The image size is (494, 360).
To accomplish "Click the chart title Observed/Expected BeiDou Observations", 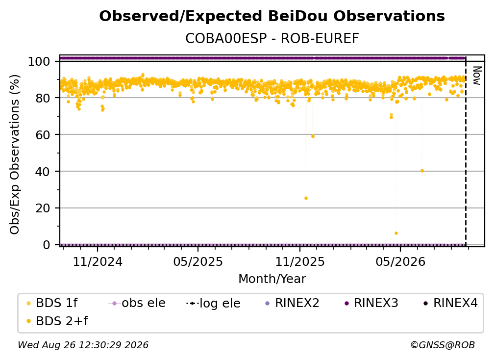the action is [272, 16].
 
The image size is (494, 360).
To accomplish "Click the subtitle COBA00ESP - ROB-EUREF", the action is [272, 39].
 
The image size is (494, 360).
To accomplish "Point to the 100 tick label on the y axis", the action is [39, 61].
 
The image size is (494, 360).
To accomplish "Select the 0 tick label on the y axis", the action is [47, 245].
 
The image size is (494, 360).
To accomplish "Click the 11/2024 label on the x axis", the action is [98, 261].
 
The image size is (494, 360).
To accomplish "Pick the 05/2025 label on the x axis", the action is [198, 261].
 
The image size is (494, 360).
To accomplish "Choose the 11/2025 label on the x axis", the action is [300, 261].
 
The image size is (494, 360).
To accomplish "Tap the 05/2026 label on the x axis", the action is [400, 261].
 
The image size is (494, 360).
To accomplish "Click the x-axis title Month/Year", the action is [272, 279].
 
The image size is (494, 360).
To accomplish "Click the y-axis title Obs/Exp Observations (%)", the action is [15, 154].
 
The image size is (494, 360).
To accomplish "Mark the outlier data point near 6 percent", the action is [396, 233].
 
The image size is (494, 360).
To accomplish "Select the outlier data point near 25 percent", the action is [306, 198].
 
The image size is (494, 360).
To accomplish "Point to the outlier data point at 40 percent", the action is [422, 171].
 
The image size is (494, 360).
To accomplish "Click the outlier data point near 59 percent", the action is [313, 136].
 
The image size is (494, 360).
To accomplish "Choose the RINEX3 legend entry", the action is [372, 303].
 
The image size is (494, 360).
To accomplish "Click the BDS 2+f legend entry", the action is [57, 321].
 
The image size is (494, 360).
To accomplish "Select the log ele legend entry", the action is [213, 303].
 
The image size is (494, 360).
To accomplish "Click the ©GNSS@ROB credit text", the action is [443, 345].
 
